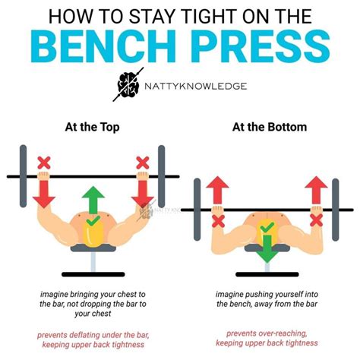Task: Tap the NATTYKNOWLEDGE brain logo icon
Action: pos(127,87)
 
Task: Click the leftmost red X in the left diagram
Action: pos(44,162)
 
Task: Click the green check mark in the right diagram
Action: pos(267,226)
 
